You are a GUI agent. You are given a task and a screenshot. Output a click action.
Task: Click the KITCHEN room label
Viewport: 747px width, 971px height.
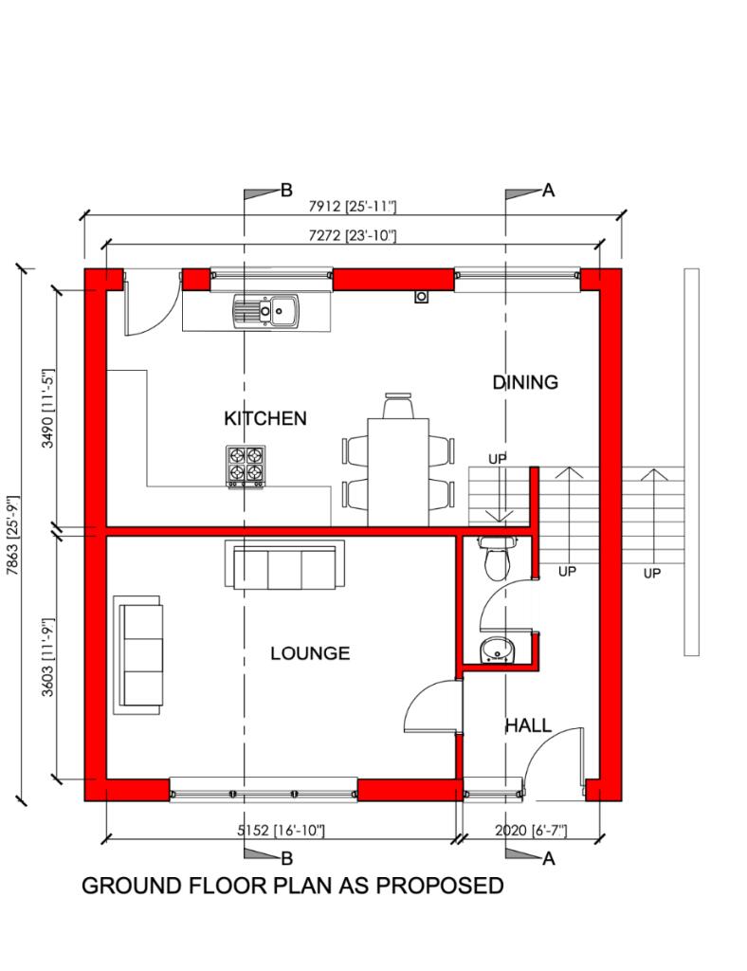(264, 418)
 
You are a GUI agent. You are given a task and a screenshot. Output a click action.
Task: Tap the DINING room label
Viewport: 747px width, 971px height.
(524, 382)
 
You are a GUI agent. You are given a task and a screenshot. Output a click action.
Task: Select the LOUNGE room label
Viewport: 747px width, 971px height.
(309, 653)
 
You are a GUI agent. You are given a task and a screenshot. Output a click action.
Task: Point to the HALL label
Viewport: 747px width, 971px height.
(527, 725)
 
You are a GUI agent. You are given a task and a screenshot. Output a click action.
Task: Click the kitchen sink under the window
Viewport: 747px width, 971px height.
(266, 309)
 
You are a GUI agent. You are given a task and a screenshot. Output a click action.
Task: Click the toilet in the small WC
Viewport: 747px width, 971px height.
(496, 560)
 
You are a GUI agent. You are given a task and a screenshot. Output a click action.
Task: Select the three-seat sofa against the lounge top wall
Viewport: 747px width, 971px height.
(284, 566)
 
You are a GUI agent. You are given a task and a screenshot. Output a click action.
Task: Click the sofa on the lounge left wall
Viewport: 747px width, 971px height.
(137, 654)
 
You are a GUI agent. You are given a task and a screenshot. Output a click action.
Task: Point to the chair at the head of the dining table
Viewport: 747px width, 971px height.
(398, 406)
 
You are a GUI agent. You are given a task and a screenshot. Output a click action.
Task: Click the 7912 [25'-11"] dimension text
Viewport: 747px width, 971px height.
(353, 206)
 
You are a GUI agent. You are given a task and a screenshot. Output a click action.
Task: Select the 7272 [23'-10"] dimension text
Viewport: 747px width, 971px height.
(353, 234)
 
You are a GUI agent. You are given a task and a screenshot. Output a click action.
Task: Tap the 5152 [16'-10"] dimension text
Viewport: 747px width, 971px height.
(281, 831)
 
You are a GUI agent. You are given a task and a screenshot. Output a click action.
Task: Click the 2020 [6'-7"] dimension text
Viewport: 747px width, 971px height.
(531, 831)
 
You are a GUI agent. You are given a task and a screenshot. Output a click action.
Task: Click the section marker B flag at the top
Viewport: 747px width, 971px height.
(258, 192)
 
